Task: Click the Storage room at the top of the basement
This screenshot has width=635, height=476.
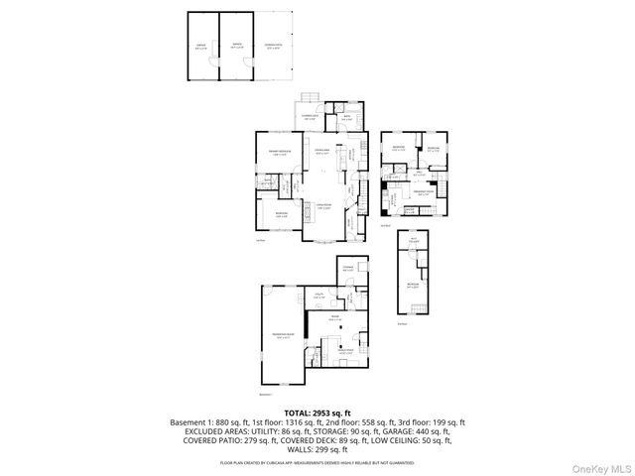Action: [x=349, y=269]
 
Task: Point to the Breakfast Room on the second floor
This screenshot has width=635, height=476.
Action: [x=424, y=194]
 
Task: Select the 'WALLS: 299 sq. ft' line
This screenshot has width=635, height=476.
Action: [x=317, y=451]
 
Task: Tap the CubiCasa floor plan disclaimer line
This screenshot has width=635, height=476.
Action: [x=317, y=463]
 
